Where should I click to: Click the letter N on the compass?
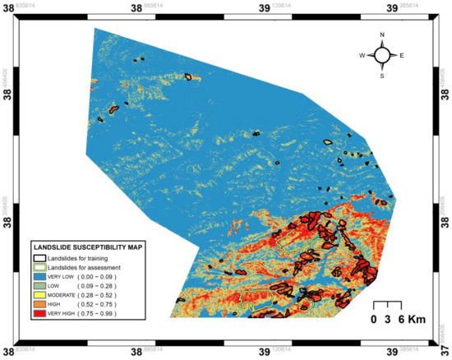(x=382, y=35)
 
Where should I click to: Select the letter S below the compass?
(x=382, y=76)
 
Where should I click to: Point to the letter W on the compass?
(x=362, y=56)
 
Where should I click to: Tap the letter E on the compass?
(x=402, y=56)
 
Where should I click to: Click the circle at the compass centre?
(x=382, y=55)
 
